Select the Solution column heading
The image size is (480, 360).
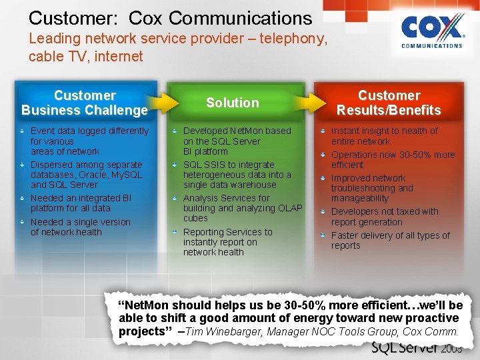232,103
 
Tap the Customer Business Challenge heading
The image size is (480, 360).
85,103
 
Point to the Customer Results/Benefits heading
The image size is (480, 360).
389,103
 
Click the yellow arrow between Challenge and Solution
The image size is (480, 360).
157,103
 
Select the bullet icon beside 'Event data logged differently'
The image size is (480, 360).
23,131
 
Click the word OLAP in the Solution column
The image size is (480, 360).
289,208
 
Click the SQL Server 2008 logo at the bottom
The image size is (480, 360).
415,348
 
